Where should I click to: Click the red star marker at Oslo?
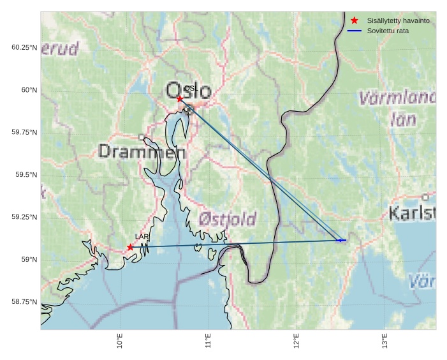(x=180, y=98)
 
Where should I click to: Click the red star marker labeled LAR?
(x=130, y=247)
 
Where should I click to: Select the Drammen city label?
(x=142, y=152)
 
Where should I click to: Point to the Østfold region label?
(x=227, y=219)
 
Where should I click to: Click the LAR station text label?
(x=142, y=237)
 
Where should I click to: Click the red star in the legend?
(x=355, y=20)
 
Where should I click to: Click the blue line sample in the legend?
(x=355, y=31)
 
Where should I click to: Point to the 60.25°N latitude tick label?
(x=24, y=48)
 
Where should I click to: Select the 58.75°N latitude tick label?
(x=24, y=302)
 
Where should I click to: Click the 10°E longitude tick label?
(x=120, y=342)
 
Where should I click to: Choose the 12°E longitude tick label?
(x=297, y=342)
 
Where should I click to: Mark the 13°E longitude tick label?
(x=385, y=342)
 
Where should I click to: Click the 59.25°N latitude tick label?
(x=24, y=217)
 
